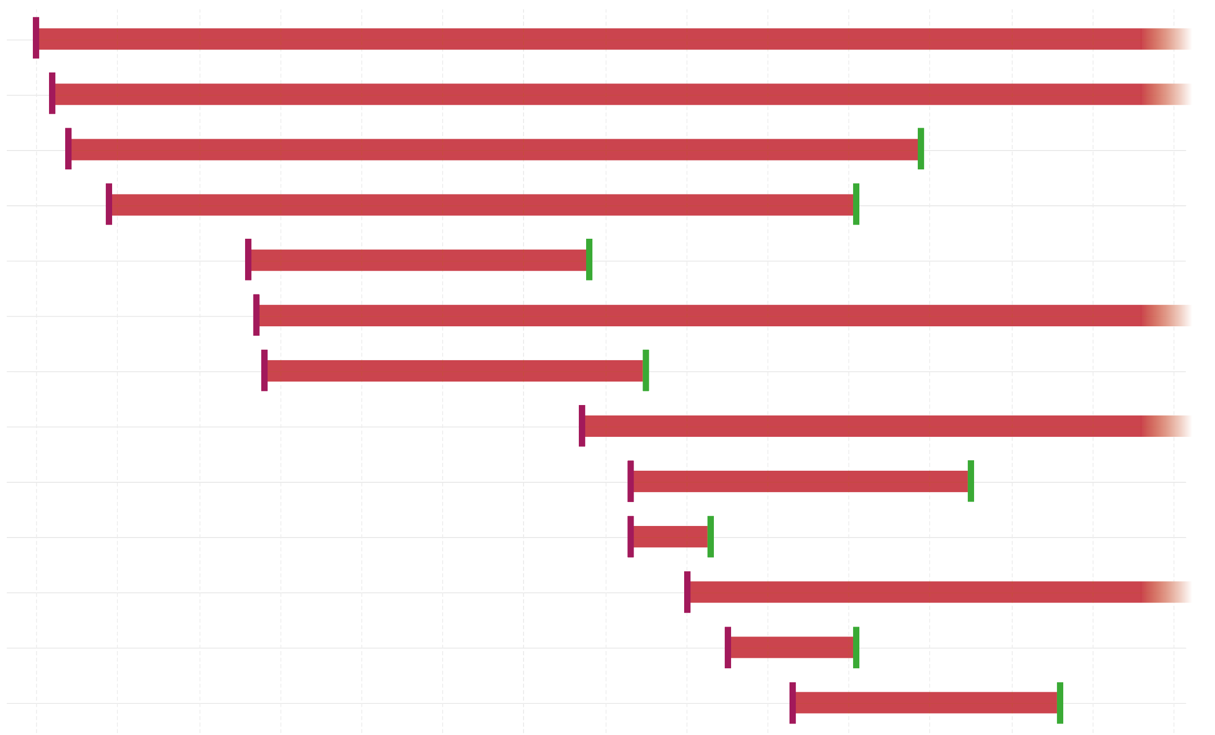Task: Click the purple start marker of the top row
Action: [36, 38]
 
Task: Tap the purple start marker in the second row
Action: [52, 93]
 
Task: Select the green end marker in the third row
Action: [920, 149]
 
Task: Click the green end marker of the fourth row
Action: [856, 204]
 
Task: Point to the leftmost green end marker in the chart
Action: [589, 260]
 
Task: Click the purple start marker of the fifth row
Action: [248, 260]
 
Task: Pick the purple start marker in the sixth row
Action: [256, 315]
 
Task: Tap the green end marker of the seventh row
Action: [646, 370]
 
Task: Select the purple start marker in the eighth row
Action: [581, 426]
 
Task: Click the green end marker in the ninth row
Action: [970, 481]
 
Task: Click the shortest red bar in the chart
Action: [670, 536]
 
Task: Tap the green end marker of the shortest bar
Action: [710, 536]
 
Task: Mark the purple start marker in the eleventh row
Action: [687, 592]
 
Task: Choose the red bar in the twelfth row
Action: [792, 647]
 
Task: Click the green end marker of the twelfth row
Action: [856, 647]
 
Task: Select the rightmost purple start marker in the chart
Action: [792, 703]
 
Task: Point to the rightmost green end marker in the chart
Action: [1060, 703]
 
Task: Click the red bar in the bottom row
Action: [926, 703]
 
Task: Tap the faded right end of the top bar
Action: [1168, 39]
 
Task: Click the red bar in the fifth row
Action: [418, 260]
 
